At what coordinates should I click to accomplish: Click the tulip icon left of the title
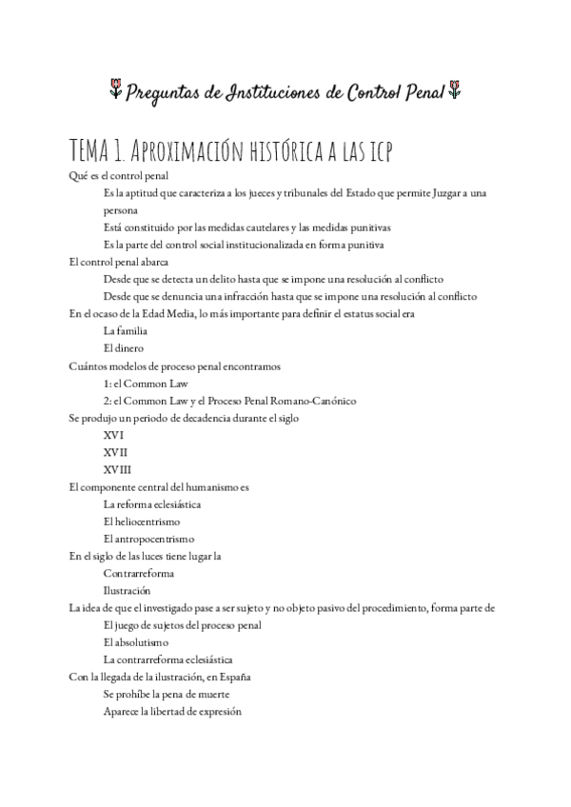point(114,91)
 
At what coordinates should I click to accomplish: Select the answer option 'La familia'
point(124,331)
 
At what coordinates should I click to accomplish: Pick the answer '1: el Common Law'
point(146,384)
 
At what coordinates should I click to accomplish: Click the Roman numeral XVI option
point(113,435)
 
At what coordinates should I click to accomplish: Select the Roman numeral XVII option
point(115,452)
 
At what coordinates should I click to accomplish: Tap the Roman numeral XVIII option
point(117,469)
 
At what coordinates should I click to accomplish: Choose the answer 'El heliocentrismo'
point(141,522)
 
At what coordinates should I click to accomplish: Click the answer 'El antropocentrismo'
point(148,539)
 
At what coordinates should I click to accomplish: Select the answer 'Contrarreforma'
point(138,573)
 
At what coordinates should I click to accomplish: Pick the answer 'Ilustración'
point(127,590)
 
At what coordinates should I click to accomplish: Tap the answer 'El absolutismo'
point(135,642)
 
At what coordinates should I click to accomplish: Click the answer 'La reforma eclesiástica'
point(152,504)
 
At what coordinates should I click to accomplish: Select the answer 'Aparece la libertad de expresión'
point(172,711)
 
